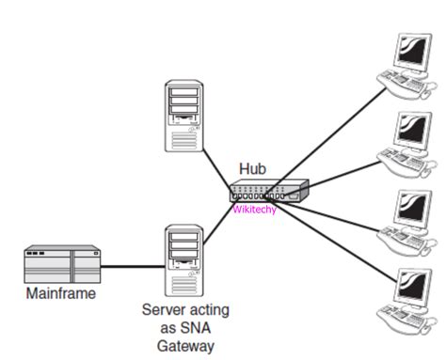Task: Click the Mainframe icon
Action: click(61, 266)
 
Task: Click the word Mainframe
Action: click(62, 294)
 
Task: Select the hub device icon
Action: click(268, 192)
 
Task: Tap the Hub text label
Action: click(252, 169)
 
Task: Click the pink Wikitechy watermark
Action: click(255, 211)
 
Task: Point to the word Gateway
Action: click(185, 344)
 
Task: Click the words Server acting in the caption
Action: click(185, 309)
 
